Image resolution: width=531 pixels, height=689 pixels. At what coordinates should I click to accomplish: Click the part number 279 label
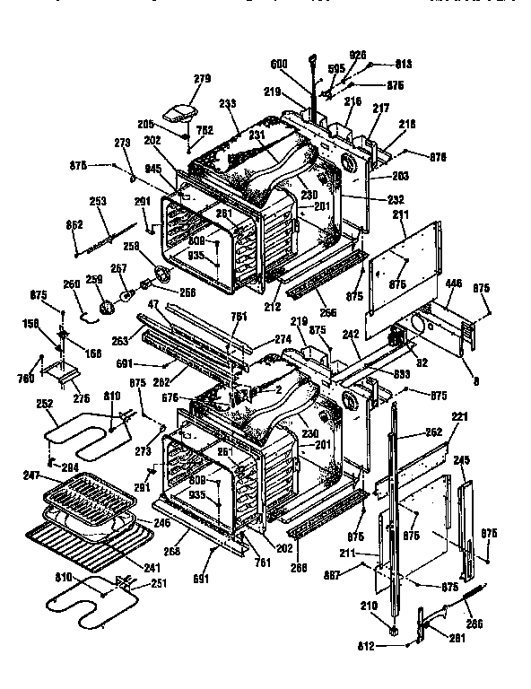[x=202, y=80]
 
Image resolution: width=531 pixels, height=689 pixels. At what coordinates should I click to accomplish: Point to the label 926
[x=359, y=55]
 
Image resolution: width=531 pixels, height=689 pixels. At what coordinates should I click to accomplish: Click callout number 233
[x=227, y=103]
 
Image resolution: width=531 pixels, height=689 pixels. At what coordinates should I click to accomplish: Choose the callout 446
[x=454, y=282]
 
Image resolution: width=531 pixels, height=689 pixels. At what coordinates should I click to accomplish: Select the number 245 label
[x=461, y=461]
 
